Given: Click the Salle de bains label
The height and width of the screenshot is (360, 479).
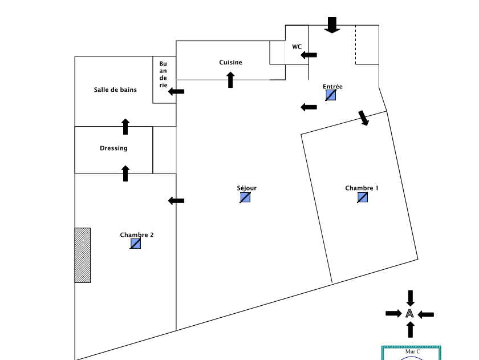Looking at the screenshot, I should point(115,90).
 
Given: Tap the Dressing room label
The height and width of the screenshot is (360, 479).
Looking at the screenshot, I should point(113,148).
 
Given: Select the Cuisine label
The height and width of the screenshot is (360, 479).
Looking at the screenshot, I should point(230,62).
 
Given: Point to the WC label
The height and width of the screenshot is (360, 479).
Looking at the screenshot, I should point(297,47).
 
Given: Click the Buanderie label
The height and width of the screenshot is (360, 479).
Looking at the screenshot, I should point(164,74).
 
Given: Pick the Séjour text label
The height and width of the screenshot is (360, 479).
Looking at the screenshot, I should point(246,188).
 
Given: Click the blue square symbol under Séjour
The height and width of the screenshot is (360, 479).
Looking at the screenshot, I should point(245,197).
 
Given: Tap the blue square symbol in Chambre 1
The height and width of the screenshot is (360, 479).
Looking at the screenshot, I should point(363,197).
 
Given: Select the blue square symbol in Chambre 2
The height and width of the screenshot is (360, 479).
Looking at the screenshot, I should point(135,244).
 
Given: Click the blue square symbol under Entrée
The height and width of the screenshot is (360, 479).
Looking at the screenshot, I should point(331,95).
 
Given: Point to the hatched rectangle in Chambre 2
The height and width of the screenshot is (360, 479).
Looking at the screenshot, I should point(83,255).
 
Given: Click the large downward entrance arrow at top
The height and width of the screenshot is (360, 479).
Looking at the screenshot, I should point(332,25).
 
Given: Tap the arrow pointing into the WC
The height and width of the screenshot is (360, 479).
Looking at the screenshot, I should point(309,55).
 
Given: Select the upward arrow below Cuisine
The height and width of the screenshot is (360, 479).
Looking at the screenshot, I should point(230,80).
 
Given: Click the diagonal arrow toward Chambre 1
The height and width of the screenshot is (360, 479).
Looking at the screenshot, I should point(363,118).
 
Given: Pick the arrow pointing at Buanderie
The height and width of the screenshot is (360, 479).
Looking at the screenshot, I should point(176,91).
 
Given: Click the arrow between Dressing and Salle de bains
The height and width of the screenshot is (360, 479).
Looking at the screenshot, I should point(125,127).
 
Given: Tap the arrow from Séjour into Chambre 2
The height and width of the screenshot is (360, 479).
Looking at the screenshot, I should point(176,200).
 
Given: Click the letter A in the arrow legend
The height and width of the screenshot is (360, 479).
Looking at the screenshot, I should point(409,313).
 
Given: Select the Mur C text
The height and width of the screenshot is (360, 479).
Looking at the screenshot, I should point(412,351).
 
